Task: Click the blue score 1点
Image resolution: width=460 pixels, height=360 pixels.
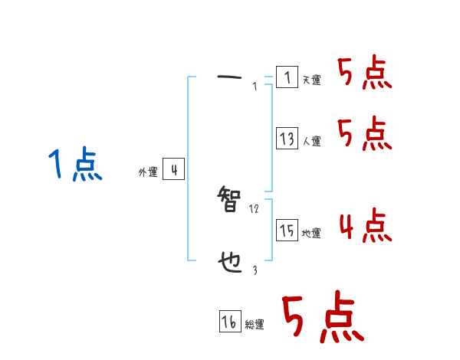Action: click(74, 165)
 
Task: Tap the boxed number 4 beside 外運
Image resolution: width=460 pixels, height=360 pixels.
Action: click(174, 170)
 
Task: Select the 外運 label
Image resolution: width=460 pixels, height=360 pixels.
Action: click(147, 173)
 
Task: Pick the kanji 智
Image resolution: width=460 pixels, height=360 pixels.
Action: click(231, 203)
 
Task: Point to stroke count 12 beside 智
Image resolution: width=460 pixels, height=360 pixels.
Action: click(255, 209)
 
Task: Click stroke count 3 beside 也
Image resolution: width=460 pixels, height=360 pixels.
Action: click(255, 270)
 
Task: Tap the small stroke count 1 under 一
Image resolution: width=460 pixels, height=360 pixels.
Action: click(255, 87)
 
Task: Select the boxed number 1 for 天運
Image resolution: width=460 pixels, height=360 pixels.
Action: click(287, 77)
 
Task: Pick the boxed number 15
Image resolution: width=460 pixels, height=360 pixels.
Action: click(287, 231)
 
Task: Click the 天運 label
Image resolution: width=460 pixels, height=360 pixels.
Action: click(312, 80)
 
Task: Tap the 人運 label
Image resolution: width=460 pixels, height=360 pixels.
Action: click(312, 141)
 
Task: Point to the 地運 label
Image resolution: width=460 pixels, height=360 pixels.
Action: click(312, 234)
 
